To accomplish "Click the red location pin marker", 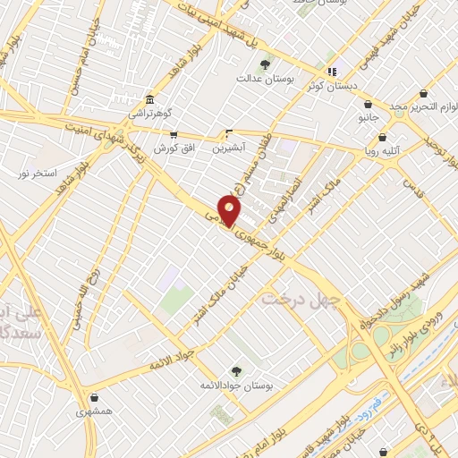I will click(x=231, y=211).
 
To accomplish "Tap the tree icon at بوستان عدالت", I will click(x=265, y=64).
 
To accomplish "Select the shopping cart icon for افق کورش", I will click(x=174, y=134).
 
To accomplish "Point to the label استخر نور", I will click(x=38, y=171).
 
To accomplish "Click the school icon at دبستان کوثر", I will click(x=333, y=72).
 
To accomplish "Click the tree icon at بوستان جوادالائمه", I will click(x=236, y=370).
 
